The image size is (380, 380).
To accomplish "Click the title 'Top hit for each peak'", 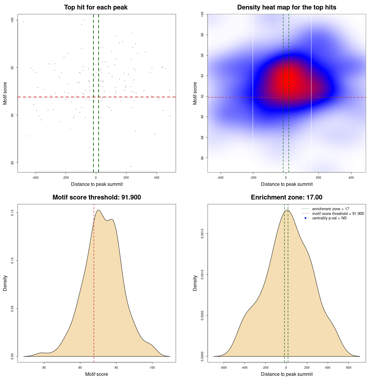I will click(x=96, y=7).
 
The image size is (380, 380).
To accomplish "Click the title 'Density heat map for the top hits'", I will click(x=286, y=7).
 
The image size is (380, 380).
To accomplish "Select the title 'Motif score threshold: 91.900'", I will click(x=96, y=197).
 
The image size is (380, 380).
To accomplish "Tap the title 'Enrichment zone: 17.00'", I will click(x=286, y=197).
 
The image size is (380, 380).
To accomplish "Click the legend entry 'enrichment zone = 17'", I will click(x=330, y=209).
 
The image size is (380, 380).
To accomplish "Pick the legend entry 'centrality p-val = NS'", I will click(x=329, y=218).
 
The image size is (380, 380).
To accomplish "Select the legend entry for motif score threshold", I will click(x=338, y=214).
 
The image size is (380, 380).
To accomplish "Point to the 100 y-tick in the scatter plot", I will click(x=12, y=20).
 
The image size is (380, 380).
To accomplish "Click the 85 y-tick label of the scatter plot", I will click(x=12, y=163).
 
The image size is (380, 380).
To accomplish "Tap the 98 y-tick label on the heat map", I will click(x=202, y=35).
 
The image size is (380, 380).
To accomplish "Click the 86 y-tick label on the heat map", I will click(x=202, y=158).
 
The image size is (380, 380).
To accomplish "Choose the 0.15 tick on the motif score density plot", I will click(x=12, y=213).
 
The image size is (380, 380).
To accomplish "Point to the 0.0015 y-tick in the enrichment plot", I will click(x=202, y=234).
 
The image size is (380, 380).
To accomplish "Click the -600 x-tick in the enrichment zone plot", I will click(x=224, y=368).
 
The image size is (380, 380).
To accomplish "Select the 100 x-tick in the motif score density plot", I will click(x=152, y=368).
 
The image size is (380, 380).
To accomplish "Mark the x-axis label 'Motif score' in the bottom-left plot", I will click(x=96, y=374).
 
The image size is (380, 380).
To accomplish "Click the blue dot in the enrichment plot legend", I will click(x=305, y=218).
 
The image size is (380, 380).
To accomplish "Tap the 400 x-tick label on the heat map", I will click(x=351, y=178).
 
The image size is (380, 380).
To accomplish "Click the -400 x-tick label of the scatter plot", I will click(x=35, y=178).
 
